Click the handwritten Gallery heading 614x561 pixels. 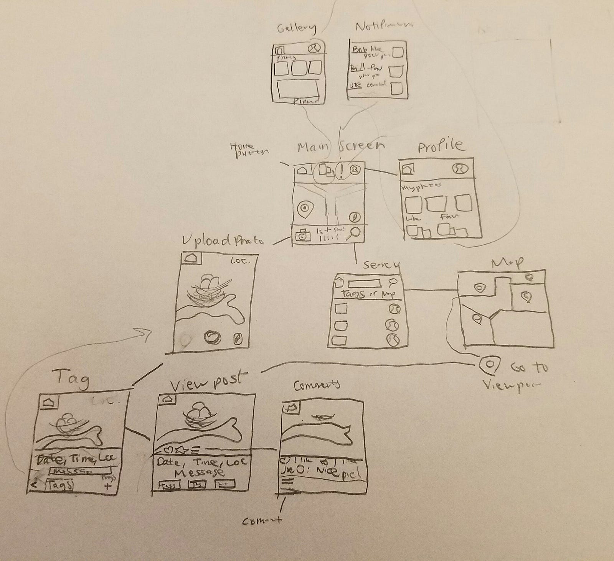[296, 29]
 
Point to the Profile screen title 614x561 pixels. [440, 146]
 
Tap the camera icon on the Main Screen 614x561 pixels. [303, 235]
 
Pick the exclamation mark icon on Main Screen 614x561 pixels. [341, 171]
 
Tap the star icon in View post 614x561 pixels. [180, 449]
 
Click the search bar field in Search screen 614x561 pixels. [364, 284]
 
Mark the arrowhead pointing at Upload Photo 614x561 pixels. [148, 331]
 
